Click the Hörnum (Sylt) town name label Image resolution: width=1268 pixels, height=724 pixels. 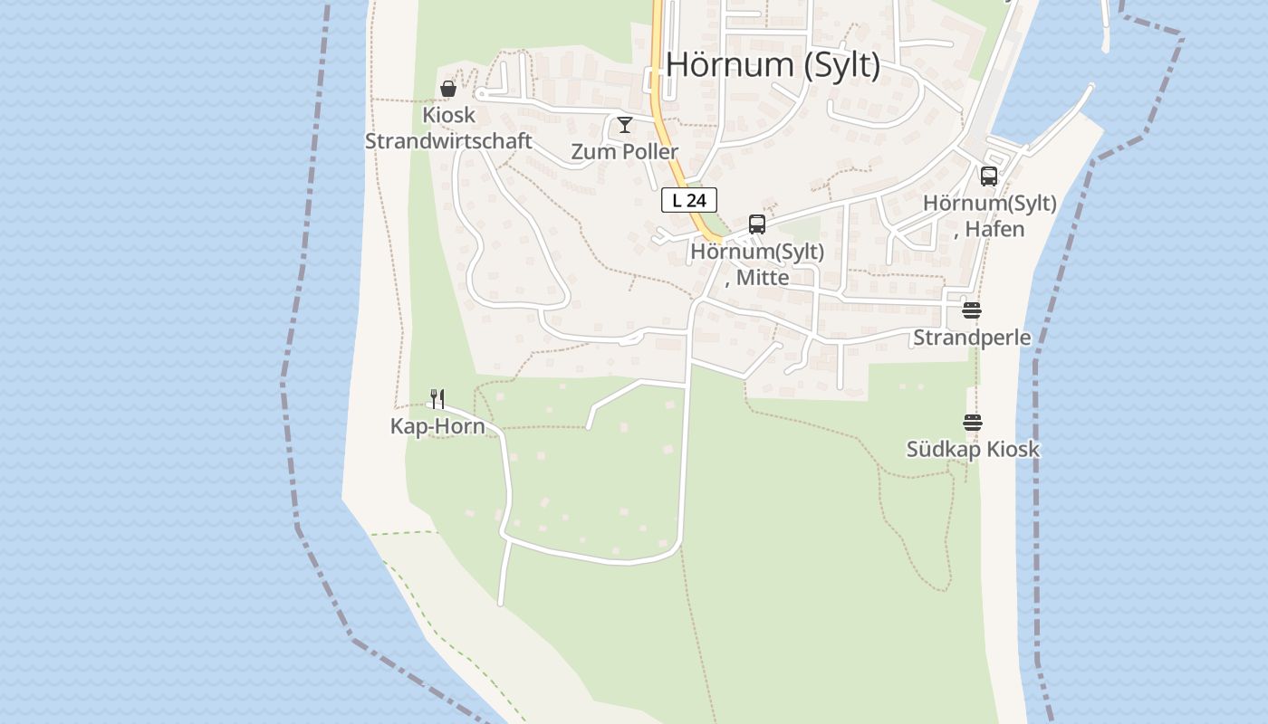click(773, 65)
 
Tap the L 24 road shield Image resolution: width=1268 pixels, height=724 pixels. click(689, 200)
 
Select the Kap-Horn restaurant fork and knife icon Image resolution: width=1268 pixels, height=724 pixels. click(437, 398)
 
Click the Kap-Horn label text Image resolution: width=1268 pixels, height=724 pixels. click(437, 426)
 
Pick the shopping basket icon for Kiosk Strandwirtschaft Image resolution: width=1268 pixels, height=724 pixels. click(447, 89)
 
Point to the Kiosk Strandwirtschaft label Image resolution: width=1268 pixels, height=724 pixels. click(448, 129)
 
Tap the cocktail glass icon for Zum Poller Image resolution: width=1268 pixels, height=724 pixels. click(625, 125)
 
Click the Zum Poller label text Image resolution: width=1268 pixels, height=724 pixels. click(624, 152)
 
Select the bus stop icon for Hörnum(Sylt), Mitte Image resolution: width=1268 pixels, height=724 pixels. click(757, 224)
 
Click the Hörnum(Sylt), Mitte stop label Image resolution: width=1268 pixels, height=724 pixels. click(757, 264)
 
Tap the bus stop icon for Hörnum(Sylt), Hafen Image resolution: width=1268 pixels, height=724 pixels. click(989, 176)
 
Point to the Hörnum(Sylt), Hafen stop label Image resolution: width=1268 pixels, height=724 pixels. click(989, 216)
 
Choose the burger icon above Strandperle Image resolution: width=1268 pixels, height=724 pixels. click(972, 310)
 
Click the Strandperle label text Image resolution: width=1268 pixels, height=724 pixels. click(972, 338)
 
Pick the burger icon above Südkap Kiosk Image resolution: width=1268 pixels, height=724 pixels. click(973, 422)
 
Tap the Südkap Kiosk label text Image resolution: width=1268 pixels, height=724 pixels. click(973, 449)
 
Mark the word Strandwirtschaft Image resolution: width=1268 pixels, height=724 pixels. click(448, 142)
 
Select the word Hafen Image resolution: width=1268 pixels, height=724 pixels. click(994, 229)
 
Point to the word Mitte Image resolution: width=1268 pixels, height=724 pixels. click(762, 277)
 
